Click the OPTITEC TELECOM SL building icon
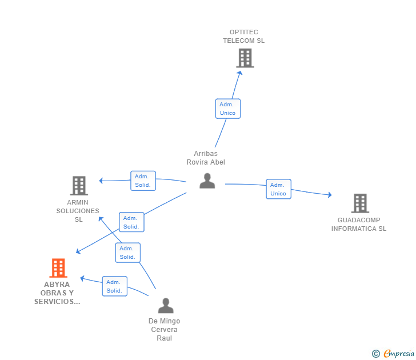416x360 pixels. [x=245, y=58]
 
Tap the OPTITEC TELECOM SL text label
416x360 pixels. [x=244, y=37]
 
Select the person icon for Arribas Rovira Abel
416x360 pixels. [x=207, y=181]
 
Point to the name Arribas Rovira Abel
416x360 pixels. [x=206, y=158]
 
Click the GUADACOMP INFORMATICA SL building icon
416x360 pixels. [x=359, y=203]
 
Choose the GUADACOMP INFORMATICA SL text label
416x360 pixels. [x=359, y=225]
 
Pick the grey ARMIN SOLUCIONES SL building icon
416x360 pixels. [x=78, y=185]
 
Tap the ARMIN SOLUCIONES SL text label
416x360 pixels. [x=78, y=211]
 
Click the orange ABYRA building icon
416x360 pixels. [x=58, y=267]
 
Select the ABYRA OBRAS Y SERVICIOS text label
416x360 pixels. [x=57, y=293]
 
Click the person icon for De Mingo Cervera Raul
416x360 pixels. [x=165, y=306]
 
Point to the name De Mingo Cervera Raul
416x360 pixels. [x=164, y=330]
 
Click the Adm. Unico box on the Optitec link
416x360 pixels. [x=227, y=109]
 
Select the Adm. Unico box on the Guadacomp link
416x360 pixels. [x=278, y=189]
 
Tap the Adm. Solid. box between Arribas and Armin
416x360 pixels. [x=143, y=181]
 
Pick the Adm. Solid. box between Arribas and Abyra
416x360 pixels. [x=131, y=222]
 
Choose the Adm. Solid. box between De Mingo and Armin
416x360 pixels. [x=127, y=253]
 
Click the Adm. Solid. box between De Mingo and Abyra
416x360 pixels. [x=114, y=286]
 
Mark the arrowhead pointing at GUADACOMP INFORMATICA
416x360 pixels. [x=329, y=195]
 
